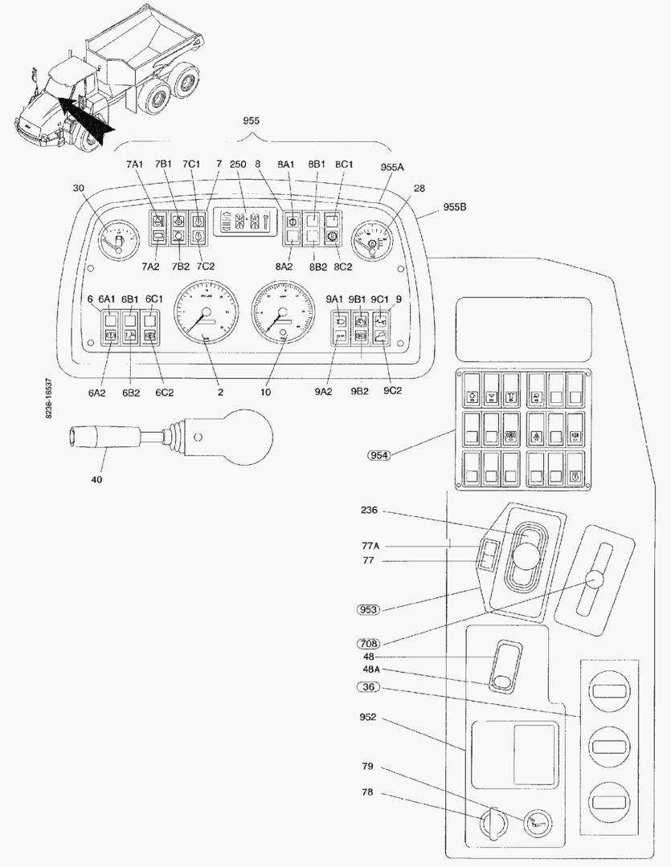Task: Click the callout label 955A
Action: [392, 168]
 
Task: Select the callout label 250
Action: [237, 164]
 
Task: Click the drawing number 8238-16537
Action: [50, 397]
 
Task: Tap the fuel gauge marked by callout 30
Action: [116, 238]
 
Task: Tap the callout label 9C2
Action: [392, 391]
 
